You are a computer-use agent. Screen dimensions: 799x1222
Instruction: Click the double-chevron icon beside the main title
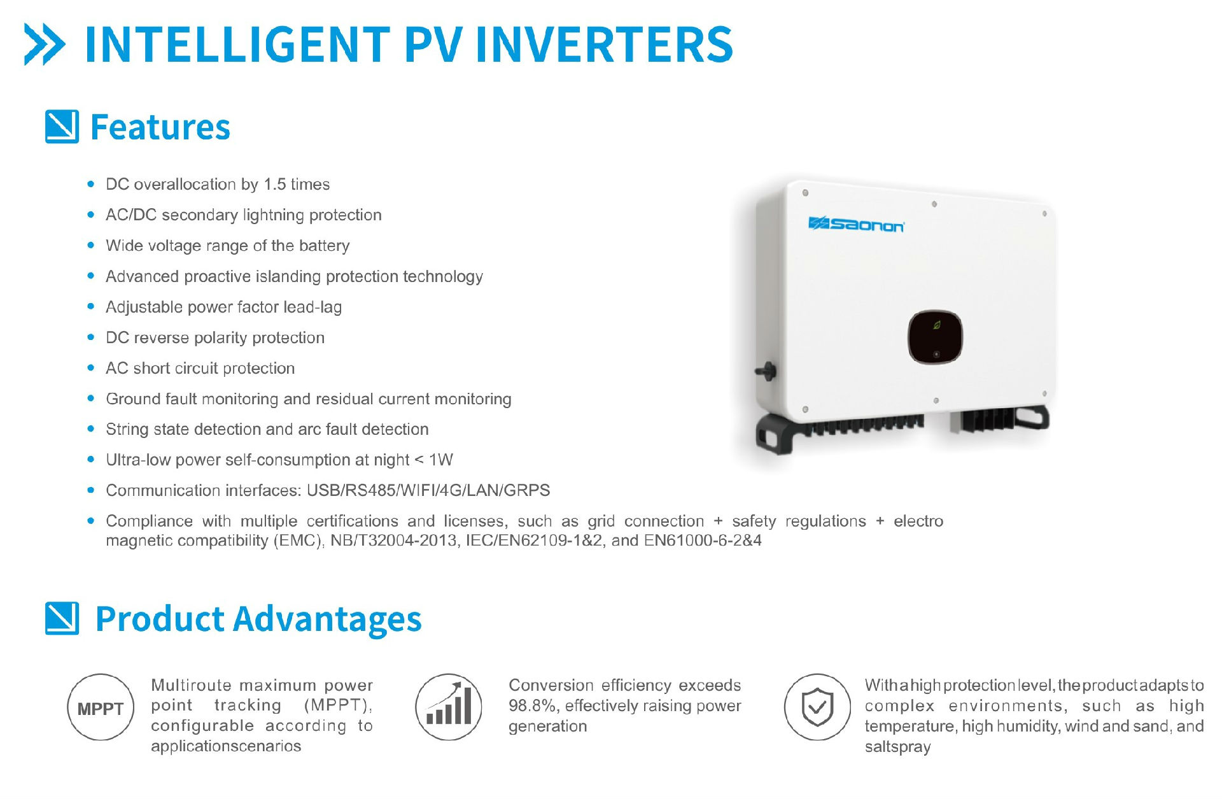tap(44, 44)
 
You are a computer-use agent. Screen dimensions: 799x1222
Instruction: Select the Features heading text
tap(160, 127)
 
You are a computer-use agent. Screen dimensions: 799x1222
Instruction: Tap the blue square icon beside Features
tap(62, 127)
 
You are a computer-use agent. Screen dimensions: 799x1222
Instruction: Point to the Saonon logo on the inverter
tap(856, 225)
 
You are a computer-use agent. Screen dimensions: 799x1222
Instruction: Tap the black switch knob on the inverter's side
tap(765, 371)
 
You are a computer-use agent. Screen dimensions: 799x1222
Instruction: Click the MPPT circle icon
tap(101, 707)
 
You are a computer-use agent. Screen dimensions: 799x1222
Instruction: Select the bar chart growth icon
tap(449, 707)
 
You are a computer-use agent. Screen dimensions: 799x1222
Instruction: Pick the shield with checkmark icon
tap(817, 707)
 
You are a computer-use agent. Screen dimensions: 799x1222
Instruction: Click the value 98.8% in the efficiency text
tap(532, 706)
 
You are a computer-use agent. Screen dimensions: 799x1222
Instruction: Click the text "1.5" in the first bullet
tap(274, 185)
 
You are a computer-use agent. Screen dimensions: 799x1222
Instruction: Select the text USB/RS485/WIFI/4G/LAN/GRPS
tap(428, 491)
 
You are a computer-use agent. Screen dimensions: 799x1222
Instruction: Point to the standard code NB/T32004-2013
tap(394, 541)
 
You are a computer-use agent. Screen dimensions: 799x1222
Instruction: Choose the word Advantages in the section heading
tap(328, 619)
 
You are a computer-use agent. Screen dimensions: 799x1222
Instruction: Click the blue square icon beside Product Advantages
tap(62, 618)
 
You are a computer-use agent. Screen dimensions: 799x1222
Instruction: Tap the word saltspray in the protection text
tap(897, 747)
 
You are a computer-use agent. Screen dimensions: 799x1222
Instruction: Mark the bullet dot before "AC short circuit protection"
tap(91, 368)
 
